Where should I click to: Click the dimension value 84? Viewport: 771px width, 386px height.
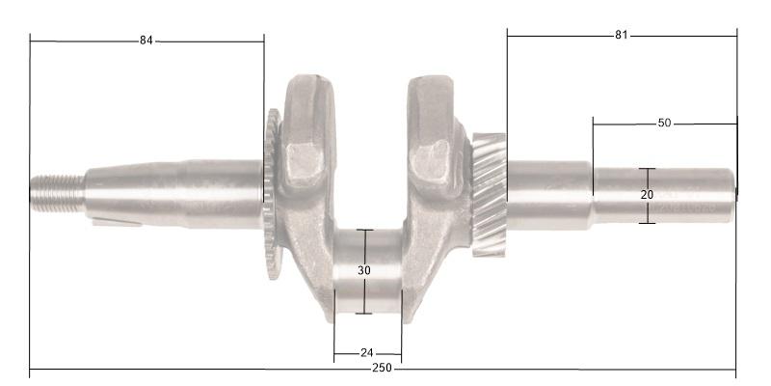(146, 41)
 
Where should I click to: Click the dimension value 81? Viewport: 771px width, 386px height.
(621, 36)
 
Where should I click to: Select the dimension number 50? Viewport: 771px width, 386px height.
(664, 124)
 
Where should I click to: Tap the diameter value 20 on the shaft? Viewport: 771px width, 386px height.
(648, 195)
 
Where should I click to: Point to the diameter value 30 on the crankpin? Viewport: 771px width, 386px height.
(364, 271)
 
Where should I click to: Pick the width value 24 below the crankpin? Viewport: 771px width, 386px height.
(367, 353)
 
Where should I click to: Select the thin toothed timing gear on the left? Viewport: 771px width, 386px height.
(273, 193)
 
